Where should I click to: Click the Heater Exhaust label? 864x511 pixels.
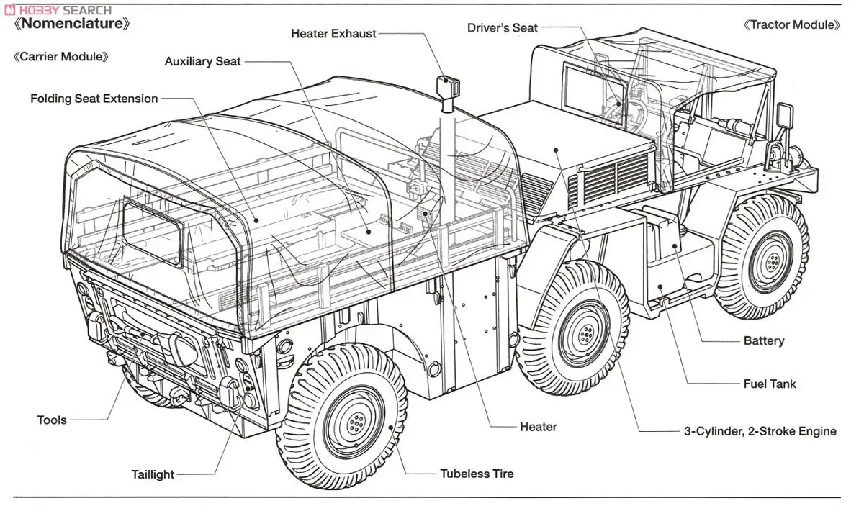333,34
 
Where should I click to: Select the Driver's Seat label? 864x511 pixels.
502,28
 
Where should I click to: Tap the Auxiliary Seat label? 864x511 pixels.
202,62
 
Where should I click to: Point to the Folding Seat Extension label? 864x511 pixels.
94,99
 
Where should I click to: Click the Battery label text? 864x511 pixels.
763,341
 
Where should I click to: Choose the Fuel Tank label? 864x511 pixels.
770,384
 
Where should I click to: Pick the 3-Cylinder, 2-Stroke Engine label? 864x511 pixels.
760,432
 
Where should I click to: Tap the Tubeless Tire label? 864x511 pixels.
477,474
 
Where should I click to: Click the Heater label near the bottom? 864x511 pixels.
538,428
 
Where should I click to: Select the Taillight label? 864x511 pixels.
153,475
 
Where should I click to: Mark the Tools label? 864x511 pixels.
52,420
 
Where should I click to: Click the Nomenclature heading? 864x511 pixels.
73,24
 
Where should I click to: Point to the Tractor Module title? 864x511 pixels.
791,25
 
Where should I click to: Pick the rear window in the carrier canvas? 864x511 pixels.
153,230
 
